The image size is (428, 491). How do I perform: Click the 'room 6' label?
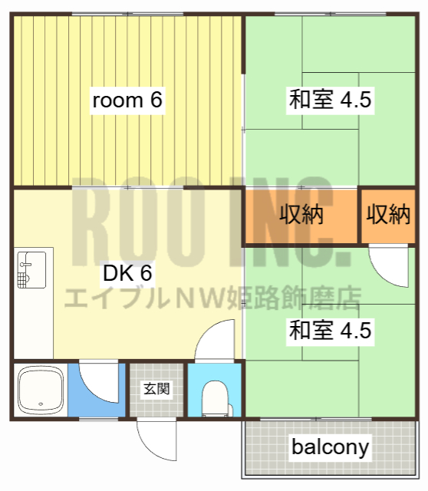[127, 101]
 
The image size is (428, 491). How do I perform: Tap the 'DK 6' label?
[127, 272]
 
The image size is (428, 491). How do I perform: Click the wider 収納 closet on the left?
[300, 216]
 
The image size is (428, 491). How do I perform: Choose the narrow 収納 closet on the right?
[387, 216]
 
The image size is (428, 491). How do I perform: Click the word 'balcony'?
[330, 447]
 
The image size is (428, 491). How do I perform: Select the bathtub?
[40, 390]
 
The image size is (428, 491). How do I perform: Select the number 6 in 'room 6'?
[156, 101]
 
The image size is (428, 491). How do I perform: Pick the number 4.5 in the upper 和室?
[355, 101]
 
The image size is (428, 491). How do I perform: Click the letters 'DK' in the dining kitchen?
[117, 272]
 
